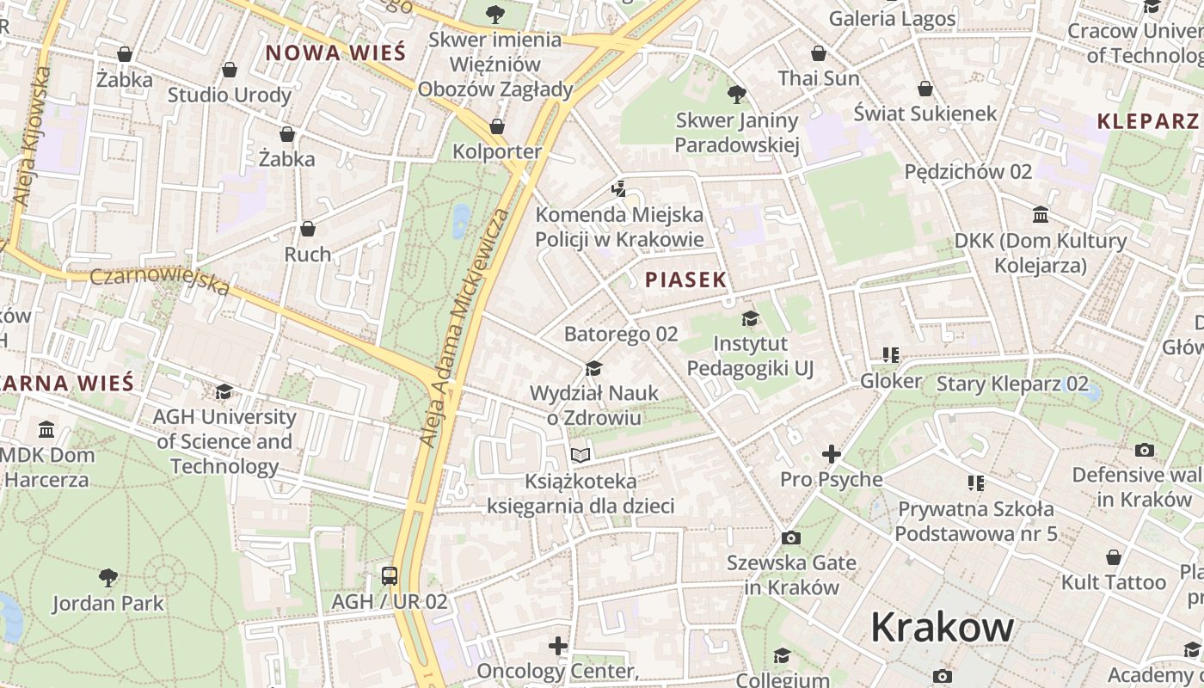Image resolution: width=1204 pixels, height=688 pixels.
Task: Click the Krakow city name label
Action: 942,628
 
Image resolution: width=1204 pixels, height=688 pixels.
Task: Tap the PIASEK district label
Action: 685,279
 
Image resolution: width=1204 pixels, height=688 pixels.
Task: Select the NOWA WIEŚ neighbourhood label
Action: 335,52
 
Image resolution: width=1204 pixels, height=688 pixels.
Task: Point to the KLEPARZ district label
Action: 1147,121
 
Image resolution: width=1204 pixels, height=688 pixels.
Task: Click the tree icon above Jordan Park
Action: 108,577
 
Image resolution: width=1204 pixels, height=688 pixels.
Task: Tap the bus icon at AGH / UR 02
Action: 390,575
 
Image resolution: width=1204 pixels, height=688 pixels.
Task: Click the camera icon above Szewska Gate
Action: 791,538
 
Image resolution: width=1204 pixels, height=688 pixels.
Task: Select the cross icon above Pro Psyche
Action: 831,453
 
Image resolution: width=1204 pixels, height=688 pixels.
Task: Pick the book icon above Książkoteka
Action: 580,455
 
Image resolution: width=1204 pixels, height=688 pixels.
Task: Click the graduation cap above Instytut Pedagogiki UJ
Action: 750,319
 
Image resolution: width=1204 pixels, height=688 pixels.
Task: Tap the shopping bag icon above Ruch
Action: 308,229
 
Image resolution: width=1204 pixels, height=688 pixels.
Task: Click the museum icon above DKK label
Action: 1041,214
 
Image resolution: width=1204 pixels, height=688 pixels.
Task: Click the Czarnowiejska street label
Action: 160,281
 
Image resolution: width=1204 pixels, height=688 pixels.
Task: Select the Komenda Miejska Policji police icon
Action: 618,188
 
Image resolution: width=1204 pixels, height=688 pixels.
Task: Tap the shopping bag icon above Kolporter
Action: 497,126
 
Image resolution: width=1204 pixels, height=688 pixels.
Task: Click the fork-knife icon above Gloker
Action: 891,354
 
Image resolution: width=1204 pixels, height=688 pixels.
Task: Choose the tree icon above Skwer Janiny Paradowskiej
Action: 736,94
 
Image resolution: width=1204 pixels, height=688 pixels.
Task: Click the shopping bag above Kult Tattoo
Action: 1114,557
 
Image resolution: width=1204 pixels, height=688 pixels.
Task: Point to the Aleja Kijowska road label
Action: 31,135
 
